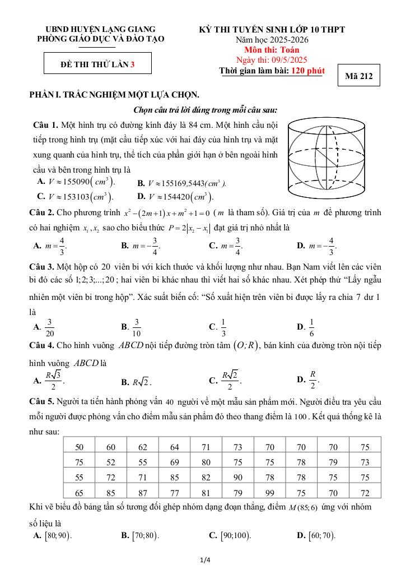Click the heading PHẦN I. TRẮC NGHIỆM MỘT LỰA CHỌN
point(115,95)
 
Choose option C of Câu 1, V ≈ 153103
point(75,196)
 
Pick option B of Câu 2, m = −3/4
point(141,245)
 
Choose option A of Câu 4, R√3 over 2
point(49,381)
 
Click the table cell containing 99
point(270,493)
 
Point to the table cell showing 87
point(143,493)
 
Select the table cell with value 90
point(238,478)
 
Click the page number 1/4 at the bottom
point(203,559)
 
